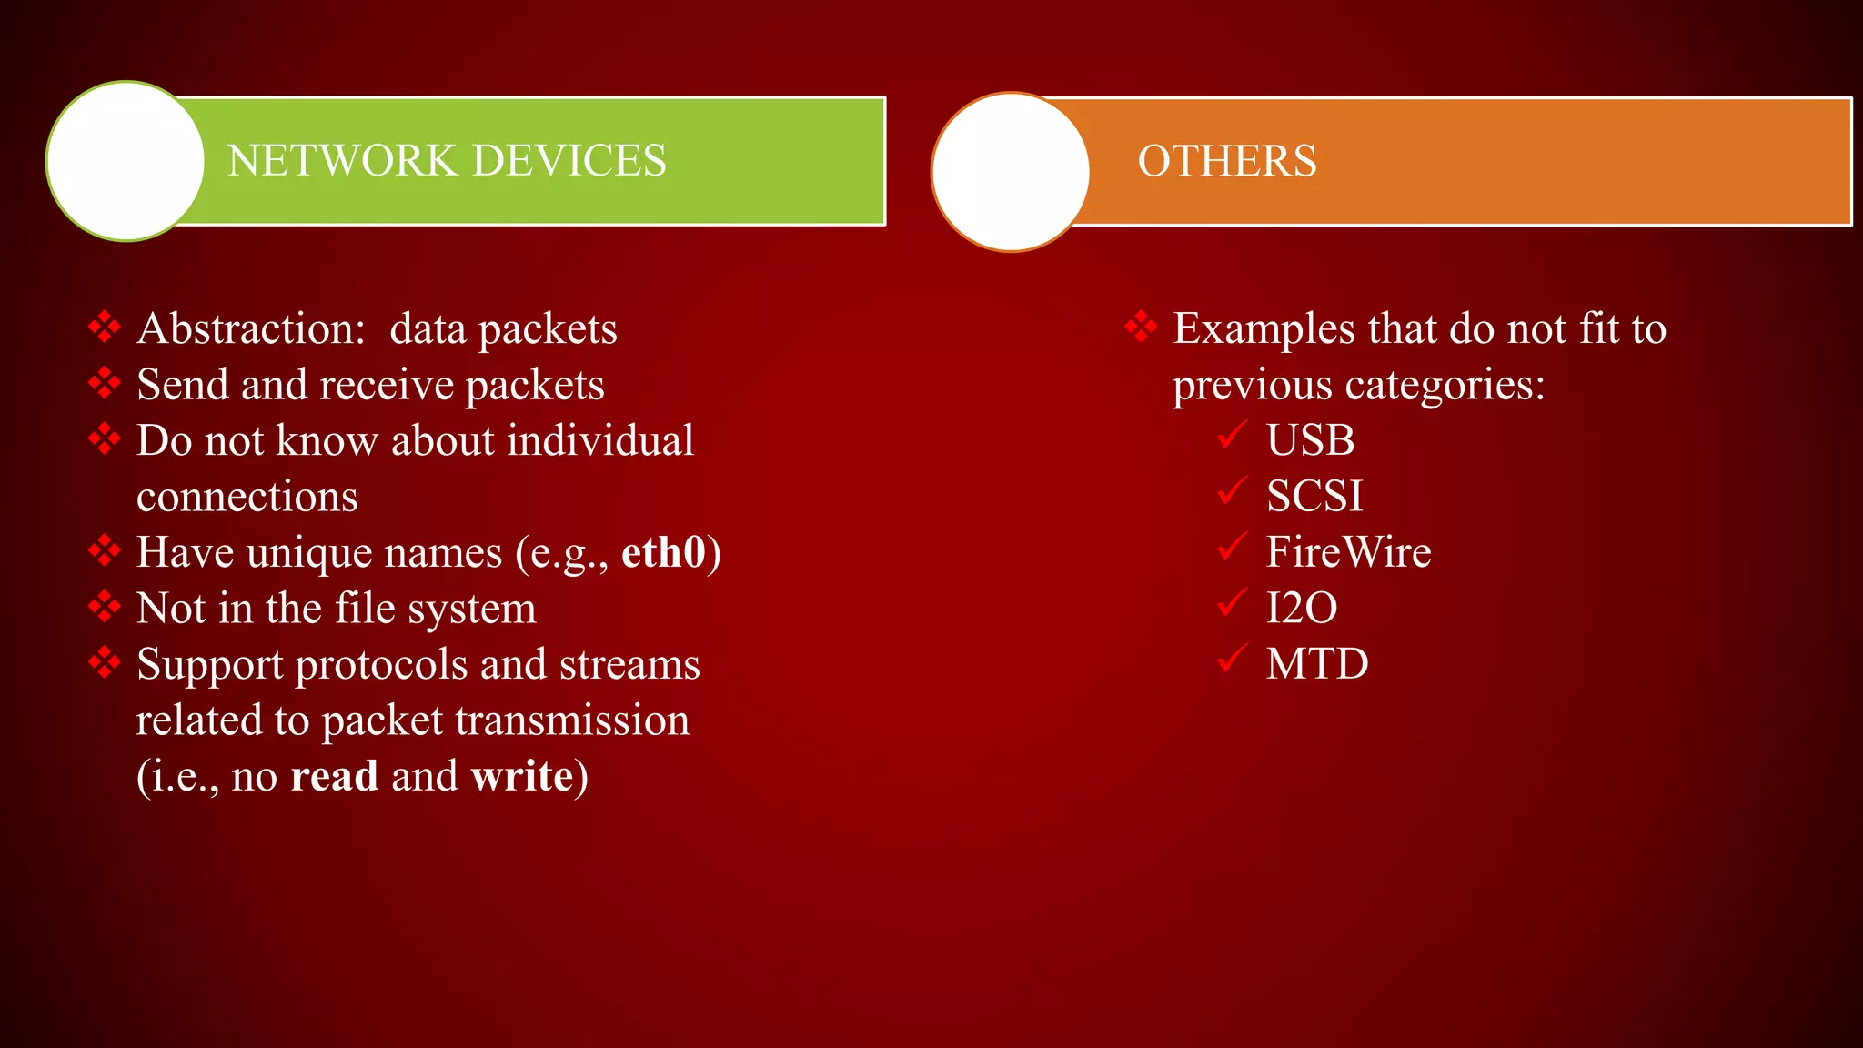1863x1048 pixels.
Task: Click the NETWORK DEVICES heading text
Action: [446, 161]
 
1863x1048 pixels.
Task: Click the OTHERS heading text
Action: [1226, 161]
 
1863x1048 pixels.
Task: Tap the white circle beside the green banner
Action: [126, 161]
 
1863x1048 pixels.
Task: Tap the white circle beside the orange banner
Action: [1011, 171]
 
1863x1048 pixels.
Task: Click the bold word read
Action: [334, 776]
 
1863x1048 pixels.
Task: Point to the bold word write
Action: [522, 776]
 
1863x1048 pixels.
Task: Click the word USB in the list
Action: [1310, 440]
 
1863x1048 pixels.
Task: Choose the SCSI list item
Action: [1314, 497]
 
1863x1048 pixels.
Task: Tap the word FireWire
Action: [1348, 552]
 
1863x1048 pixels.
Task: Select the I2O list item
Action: [1302, 608]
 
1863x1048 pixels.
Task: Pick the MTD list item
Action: [1316, 664]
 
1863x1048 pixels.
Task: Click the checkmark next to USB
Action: [1232, 436]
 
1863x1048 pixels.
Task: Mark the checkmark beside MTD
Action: [1232, 659]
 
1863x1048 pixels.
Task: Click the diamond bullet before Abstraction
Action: [105, 327]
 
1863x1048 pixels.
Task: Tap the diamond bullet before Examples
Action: [1141, 327]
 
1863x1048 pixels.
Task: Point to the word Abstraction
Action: [250, 328]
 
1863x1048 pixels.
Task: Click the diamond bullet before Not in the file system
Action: [105, 606]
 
